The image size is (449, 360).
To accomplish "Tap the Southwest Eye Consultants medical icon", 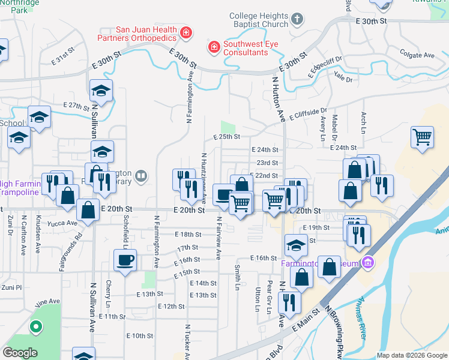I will [x=213, y=47].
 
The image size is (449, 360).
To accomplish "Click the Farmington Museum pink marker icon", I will [x=369, y=263].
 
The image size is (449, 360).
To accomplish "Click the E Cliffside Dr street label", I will [x=307, y=114].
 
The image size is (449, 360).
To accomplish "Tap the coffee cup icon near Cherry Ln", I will [x=125, y=260].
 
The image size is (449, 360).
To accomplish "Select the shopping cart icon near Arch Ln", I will [x=423, y=137].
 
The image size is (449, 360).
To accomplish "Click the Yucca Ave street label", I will [x=64, y=223].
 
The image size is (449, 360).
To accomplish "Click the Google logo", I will [x=19, y=353].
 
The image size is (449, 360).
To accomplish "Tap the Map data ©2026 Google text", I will [x=411, y=355].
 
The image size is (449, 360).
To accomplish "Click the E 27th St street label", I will [x=76, y=106].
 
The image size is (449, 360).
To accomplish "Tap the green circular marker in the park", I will [x=36, y=328].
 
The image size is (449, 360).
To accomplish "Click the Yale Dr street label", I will [x=343, y=78].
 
